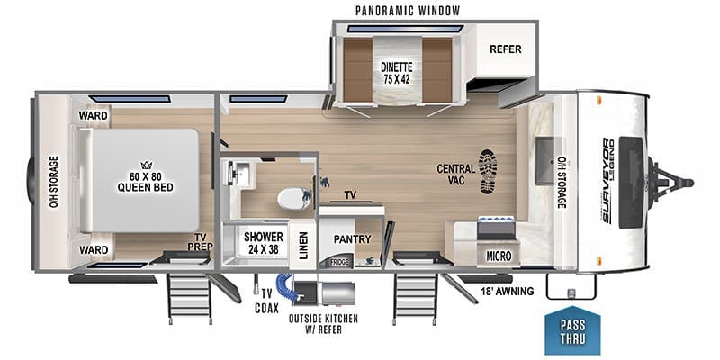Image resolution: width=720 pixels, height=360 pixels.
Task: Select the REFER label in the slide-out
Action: click(x=506, y=50)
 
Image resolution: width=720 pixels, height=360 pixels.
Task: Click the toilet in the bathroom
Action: click(x=291, y=197)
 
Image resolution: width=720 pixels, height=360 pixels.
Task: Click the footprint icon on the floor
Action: click(x=487, y=171)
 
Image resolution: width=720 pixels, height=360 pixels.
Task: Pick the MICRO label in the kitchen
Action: click(x=499, y=256)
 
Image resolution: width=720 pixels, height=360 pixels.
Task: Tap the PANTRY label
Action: click(x=352, y=240)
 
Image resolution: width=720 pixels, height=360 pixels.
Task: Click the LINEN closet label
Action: click(x=304, y=245)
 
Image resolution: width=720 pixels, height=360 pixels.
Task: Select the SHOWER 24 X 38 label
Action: click(x=262, y=243)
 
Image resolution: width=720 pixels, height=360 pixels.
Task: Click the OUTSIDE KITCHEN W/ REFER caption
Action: click(x=322, y=323)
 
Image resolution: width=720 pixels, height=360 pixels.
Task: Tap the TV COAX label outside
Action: click(x=266, y=299)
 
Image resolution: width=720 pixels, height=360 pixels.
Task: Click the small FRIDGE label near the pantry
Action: click(x=338, y=262)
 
